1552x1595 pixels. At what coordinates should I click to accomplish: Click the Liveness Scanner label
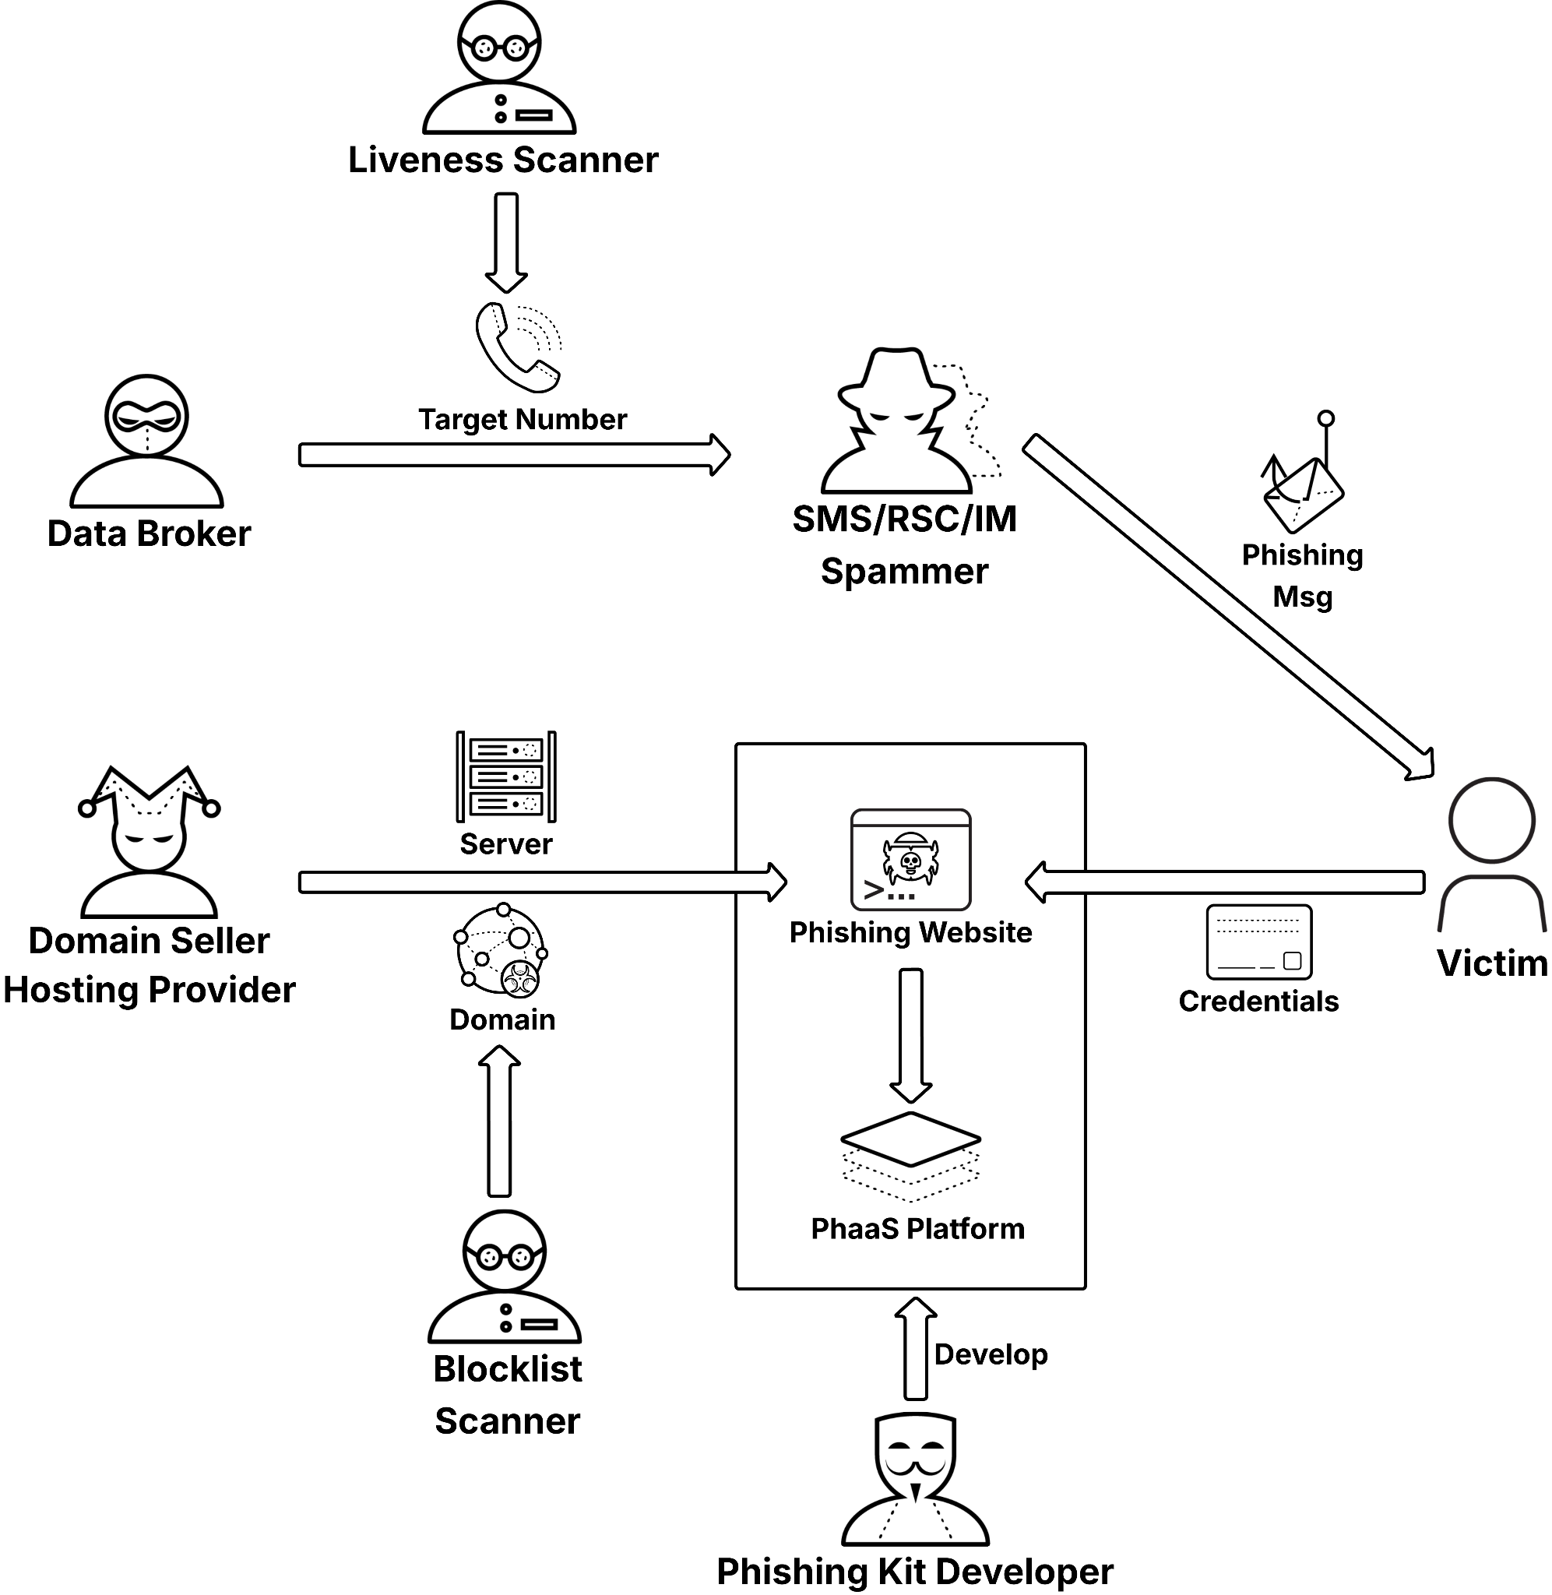503,160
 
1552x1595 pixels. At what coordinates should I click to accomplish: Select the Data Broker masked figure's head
146,417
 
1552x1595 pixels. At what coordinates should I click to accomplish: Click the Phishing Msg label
1302,576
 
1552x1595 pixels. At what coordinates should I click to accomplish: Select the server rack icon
506,776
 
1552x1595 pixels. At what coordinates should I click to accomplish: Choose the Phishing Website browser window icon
910,860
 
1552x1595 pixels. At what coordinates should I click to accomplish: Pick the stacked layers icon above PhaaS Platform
910,1155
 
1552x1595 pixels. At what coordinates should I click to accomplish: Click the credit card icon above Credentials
1258,942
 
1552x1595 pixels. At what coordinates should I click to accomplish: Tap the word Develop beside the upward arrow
991,1354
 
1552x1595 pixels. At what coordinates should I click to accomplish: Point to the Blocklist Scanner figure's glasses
505,1257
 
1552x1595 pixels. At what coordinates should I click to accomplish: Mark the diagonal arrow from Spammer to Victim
1227,607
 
